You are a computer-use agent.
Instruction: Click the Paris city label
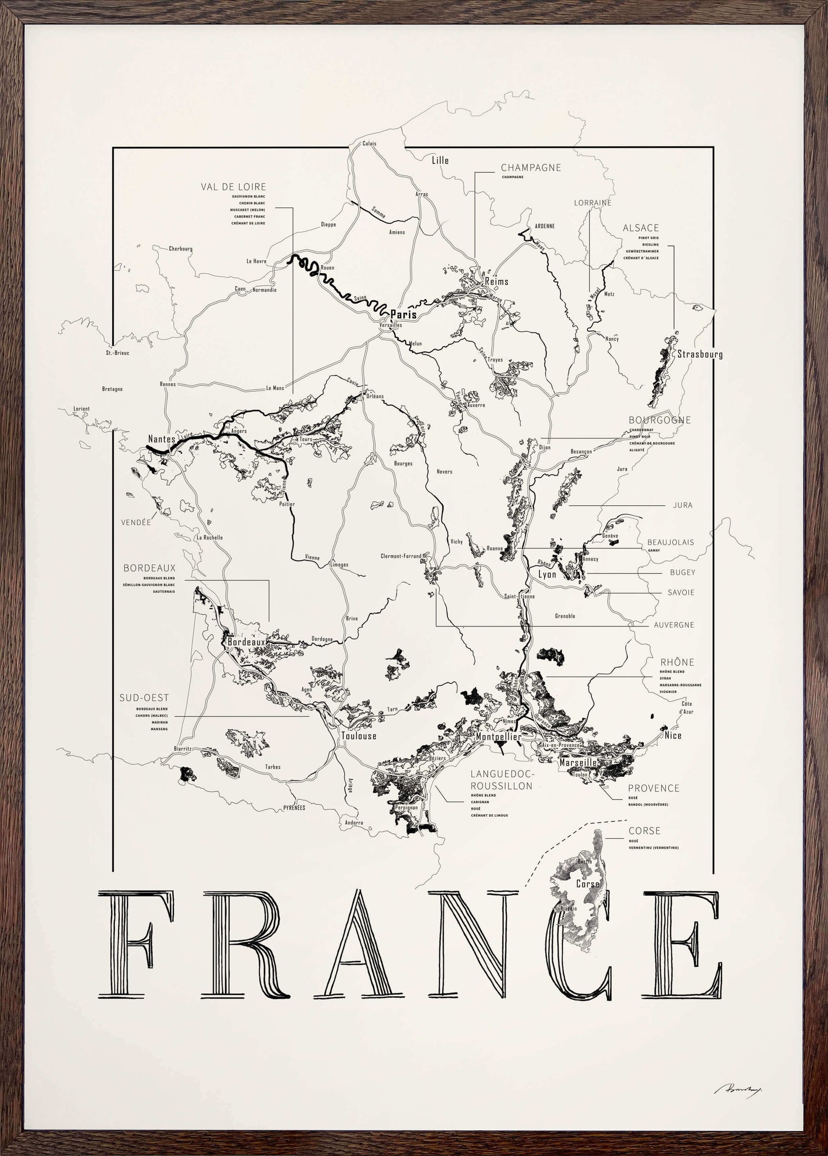point(403,314)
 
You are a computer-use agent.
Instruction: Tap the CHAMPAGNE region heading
point(530,168)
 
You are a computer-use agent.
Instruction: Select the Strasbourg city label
point(699,354)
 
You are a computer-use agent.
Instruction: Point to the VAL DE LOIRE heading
point(233,187)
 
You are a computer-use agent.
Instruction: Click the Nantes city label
point(161,439)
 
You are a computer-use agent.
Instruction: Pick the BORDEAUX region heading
point(149,568)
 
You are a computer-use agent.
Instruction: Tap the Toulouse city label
point(359,736)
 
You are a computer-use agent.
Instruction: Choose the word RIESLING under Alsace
point(648,244)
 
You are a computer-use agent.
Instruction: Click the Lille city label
point(440,160)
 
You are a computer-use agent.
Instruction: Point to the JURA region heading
point(682,505)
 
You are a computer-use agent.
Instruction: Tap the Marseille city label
point(578,762)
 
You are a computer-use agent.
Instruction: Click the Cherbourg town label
point(181,249)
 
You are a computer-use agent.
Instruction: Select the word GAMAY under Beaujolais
point(653,550)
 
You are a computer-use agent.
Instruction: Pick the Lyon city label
point(547,575)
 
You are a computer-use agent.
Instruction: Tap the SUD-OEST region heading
point(144,698)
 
